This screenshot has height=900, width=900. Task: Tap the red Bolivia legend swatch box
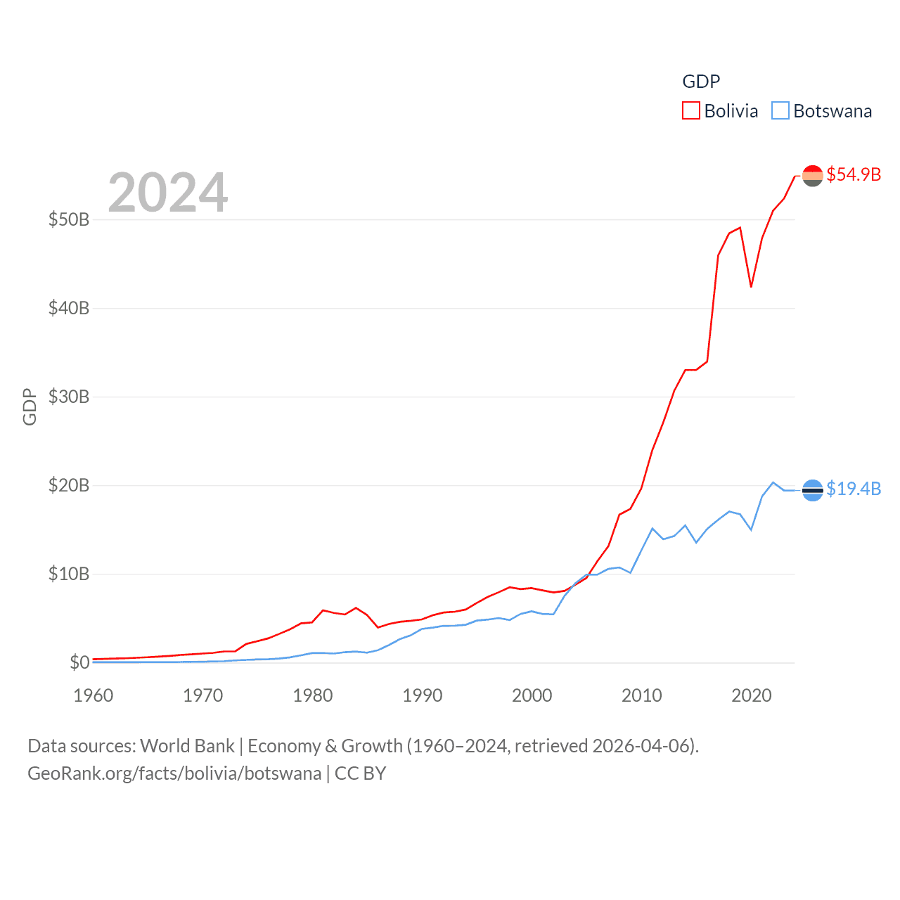691,111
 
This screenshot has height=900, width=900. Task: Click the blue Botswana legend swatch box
780,111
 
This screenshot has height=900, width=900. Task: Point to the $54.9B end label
854,174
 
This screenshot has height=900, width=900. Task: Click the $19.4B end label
854,489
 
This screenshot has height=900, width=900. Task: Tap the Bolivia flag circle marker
812,176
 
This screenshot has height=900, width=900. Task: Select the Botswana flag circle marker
812,490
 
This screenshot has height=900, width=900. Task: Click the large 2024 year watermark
168,193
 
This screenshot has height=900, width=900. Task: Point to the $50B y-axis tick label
69,219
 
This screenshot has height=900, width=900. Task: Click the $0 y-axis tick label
79,662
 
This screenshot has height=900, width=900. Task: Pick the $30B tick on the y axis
69,397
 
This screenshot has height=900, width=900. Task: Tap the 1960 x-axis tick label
94,695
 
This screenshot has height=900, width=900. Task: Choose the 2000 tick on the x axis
532,695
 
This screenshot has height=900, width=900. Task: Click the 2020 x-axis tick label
752,695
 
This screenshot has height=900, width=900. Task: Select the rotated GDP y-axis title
30,406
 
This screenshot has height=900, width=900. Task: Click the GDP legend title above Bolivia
701,82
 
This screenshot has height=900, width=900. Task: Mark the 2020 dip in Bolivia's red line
751,286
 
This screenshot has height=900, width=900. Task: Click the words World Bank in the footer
187,745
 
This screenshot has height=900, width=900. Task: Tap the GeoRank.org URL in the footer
174,773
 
